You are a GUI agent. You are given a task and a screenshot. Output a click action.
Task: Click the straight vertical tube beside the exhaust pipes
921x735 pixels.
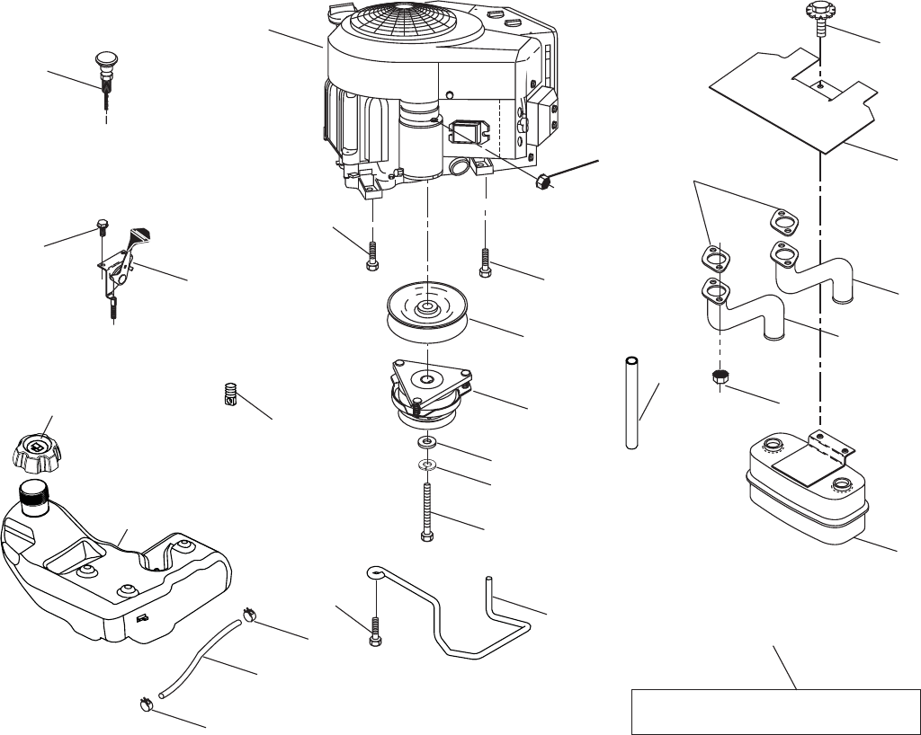(x=633, y=402)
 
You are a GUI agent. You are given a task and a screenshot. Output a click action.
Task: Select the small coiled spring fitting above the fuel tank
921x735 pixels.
(x=231, y=394)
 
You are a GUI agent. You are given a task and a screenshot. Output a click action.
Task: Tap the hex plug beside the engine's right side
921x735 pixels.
(x=542, y=182)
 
